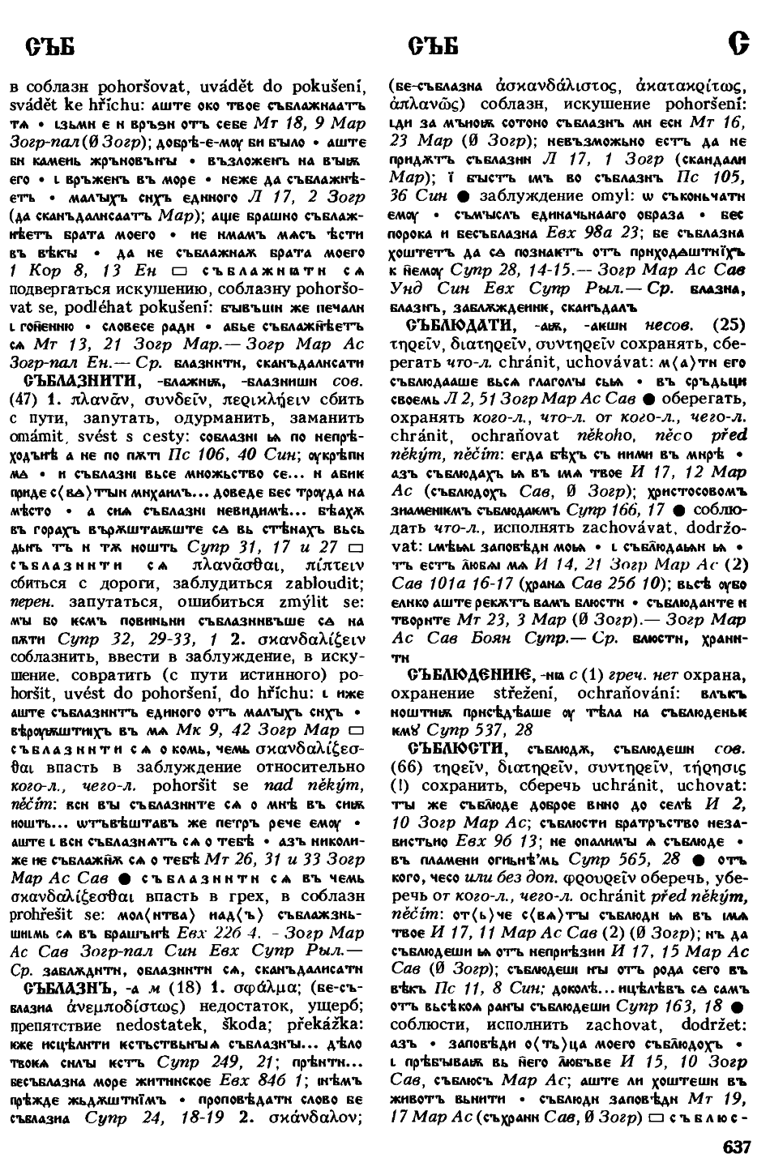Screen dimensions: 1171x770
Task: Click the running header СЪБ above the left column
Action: tap(51, 48)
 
